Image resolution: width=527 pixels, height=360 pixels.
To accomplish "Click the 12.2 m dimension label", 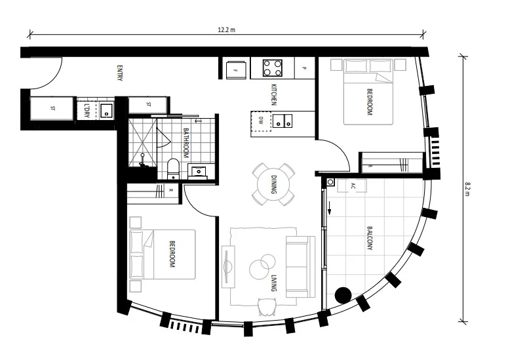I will tap(227, 30).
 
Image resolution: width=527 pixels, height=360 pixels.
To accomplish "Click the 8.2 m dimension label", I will tap(467, 189).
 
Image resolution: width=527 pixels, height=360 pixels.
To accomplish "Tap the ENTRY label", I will tap(120, 73).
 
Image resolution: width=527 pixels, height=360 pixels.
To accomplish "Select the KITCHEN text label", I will tap(273, 94).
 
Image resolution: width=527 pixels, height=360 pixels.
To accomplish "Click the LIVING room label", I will tap(273, 284).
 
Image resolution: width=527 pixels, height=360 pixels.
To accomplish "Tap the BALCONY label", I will tap(370, 238).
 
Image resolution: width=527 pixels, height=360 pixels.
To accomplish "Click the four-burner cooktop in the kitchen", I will tap(273, 68).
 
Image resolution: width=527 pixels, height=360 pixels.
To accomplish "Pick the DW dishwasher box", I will tap(261, 121).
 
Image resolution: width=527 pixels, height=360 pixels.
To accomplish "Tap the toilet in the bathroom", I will tap(173, 168).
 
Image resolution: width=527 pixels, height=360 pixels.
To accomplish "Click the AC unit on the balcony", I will tap(353, 185).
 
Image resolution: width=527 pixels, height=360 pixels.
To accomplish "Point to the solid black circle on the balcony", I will tap(342, 295).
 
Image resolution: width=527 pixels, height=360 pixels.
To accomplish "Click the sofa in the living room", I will tap(300, 266).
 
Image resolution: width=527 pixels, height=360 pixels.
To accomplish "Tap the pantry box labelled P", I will tap(305, 68).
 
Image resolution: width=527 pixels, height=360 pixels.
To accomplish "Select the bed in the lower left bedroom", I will tap(164, 254).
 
